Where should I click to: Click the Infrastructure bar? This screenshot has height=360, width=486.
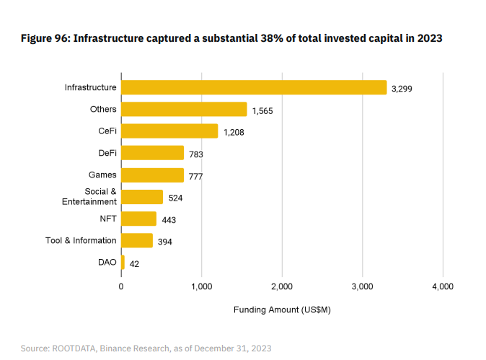tap(254, 87)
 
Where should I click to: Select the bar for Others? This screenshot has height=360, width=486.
tap(184, 109)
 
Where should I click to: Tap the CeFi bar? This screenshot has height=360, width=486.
tap(169, 131)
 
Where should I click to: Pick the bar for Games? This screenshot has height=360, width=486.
tap(152, 175)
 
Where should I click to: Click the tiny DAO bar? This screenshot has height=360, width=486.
tap(123, 262)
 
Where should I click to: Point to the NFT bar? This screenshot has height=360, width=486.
tap(138, 219)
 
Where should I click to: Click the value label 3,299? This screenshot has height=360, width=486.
tap(402, 89)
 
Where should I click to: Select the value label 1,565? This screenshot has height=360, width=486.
tap(262, 111)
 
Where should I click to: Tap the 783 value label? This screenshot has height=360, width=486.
tap(195, 155)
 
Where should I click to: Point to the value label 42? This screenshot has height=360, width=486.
tap(134, 264)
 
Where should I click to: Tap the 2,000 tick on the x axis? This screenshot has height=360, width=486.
tap(282, 286)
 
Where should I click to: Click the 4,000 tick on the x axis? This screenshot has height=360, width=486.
tap(442, 286)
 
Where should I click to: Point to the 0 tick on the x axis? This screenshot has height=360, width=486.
tap(121, 286)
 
